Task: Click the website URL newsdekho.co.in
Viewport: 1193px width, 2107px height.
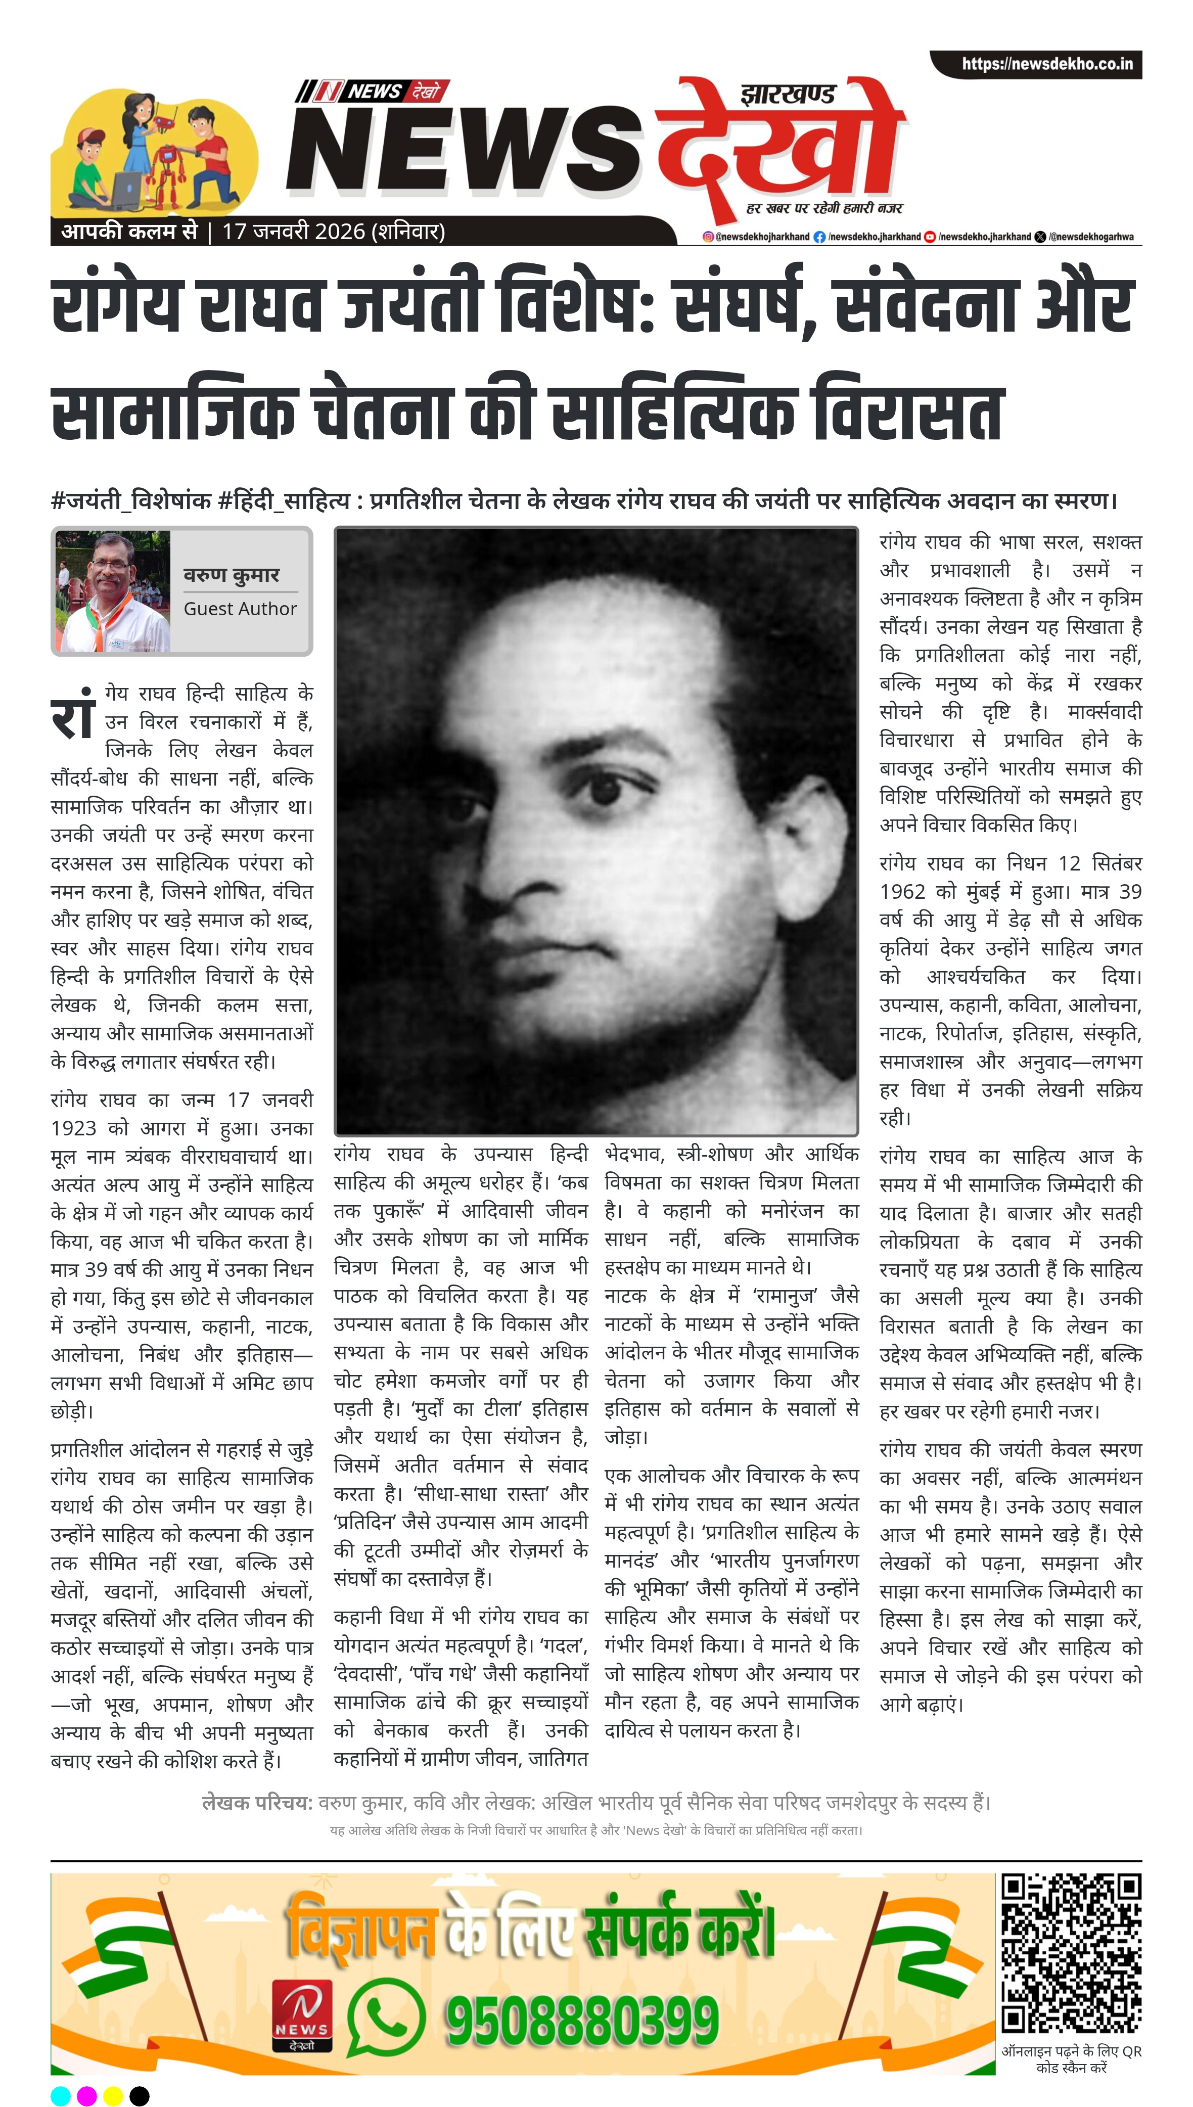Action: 1047,64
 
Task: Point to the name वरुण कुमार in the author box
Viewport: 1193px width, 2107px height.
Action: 231,575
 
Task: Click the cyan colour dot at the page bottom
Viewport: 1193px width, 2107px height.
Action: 61,2095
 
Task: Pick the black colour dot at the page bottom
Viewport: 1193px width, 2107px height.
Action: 140,2095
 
